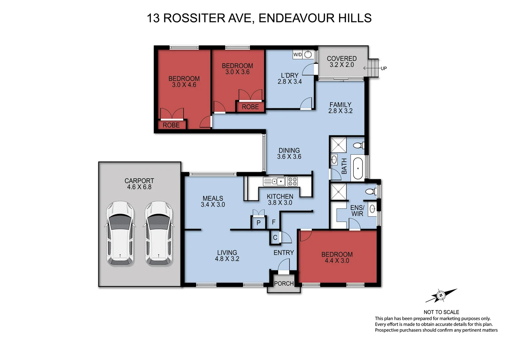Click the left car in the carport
[x=120, y=233]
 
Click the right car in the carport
[x=159, y=233]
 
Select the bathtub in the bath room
[x=358, y=169]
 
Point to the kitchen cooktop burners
[x=292, y=182]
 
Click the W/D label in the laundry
[x=297, y=55]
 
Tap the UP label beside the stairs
[x=384, y=68]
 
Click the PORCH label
[x=284, y=284]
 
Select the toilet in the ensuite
[x=370, y=191]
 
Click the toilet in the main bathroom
[x=358, y=146]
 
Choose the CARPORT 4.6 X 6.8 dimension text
[x=139, y=184]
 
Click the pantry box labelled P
[x=258, y=223]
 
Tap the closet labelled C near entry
[x=275, y=238]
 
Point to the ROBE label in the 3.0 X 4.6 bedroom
[x=171, y=125]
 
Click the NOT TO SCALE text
[x=441, y=312]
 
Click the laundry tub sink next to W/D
[x=308, y=55]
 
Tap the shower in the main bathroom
[x=338, y=145]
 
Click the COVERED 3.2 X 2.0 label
[x=342, y=62]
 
